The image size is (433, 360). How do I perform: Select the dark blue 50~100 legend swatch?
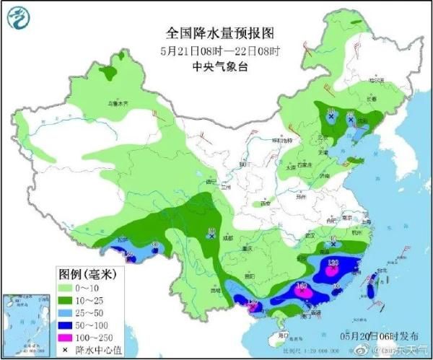[69, 325]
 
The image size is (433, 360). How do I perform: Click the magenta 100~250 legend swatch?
[69, 338]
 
